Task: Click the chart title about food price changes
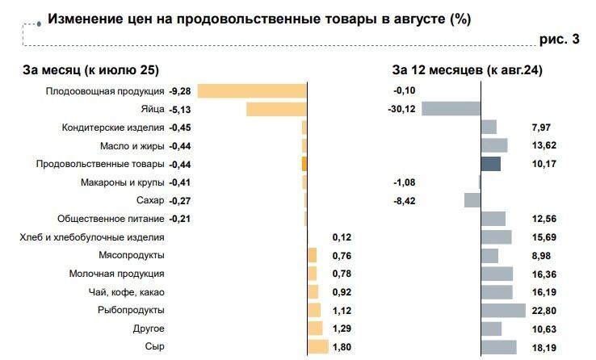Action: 258,18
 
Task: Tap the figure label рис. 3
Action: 559,40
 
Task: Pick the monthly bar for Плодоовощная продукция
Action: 252,90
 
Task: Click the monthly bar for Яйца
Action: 276,109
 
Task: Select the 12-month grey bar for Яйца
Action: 451,109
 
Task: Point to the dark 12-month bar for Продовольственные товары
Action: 491,164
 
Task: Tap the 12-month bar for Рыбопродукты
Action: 497,310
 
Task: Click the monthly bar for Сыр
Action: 318,346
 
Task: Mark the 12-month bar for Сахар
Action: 472,200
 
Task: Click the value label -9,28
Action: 179,91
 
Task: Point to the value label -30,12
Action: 401,109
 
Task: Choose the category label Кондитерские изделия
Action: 113,128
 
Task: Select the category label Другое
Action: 149,329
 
